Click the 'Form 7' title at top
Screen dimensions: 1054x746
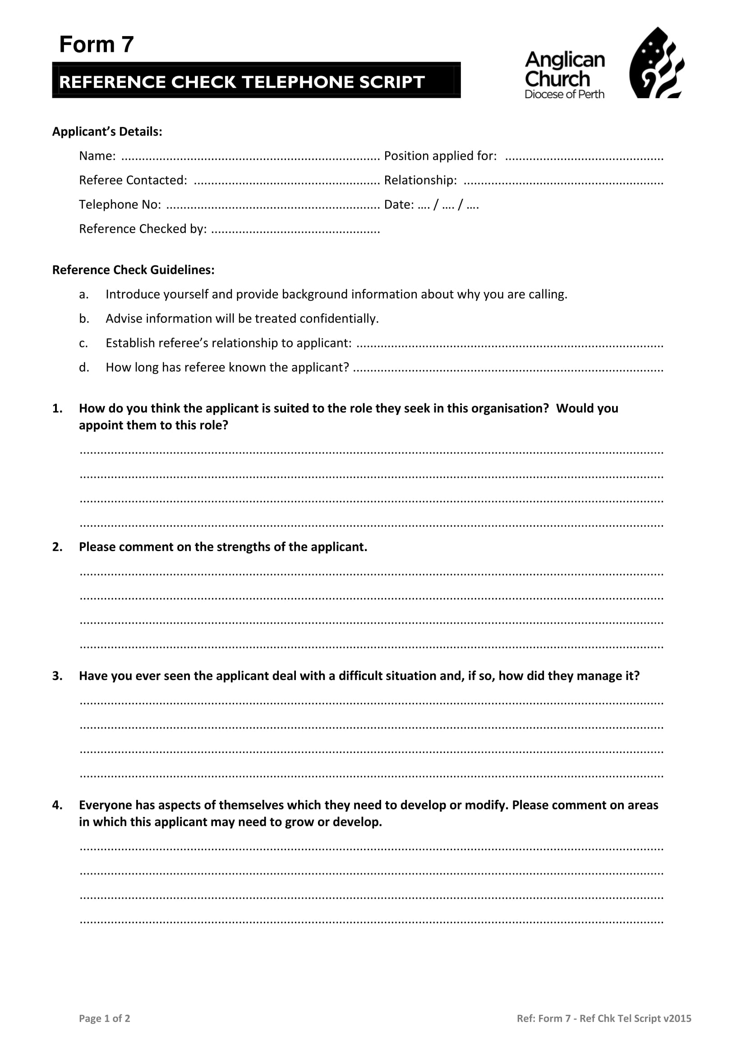coord(97,45)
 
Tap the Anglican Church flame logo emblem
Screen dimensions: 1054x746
coord(656,64)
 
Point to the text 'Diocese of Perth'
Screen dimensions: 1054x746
coord(564,94)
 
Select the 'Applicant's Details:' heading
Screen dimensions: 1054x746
coord(107,132)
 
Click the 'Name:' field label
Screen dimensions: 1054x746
coord(97,156)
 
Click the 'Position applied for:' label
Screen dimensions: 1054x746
coord(440,156)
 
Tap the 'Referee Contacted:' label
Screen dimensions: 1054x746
coord(133,180)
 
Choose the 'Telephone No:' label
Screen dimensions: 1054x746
coord(120,205)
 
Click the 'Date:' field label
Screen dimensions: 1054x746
coord(399,205)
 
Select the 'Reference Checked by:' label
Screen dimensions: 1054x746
coord(143,229)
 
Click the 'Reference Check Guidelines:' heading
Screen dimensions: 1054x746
coord(133,270)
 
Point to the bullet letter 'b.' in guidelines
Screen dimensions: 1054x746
coord(84,319)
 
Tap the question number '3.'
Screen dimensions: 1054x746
coord(57,676)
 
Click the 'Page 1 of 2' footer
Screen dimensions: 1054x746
coord(105,1018)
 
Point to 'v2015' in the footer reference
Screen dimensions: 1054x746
coord(677,1018)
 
